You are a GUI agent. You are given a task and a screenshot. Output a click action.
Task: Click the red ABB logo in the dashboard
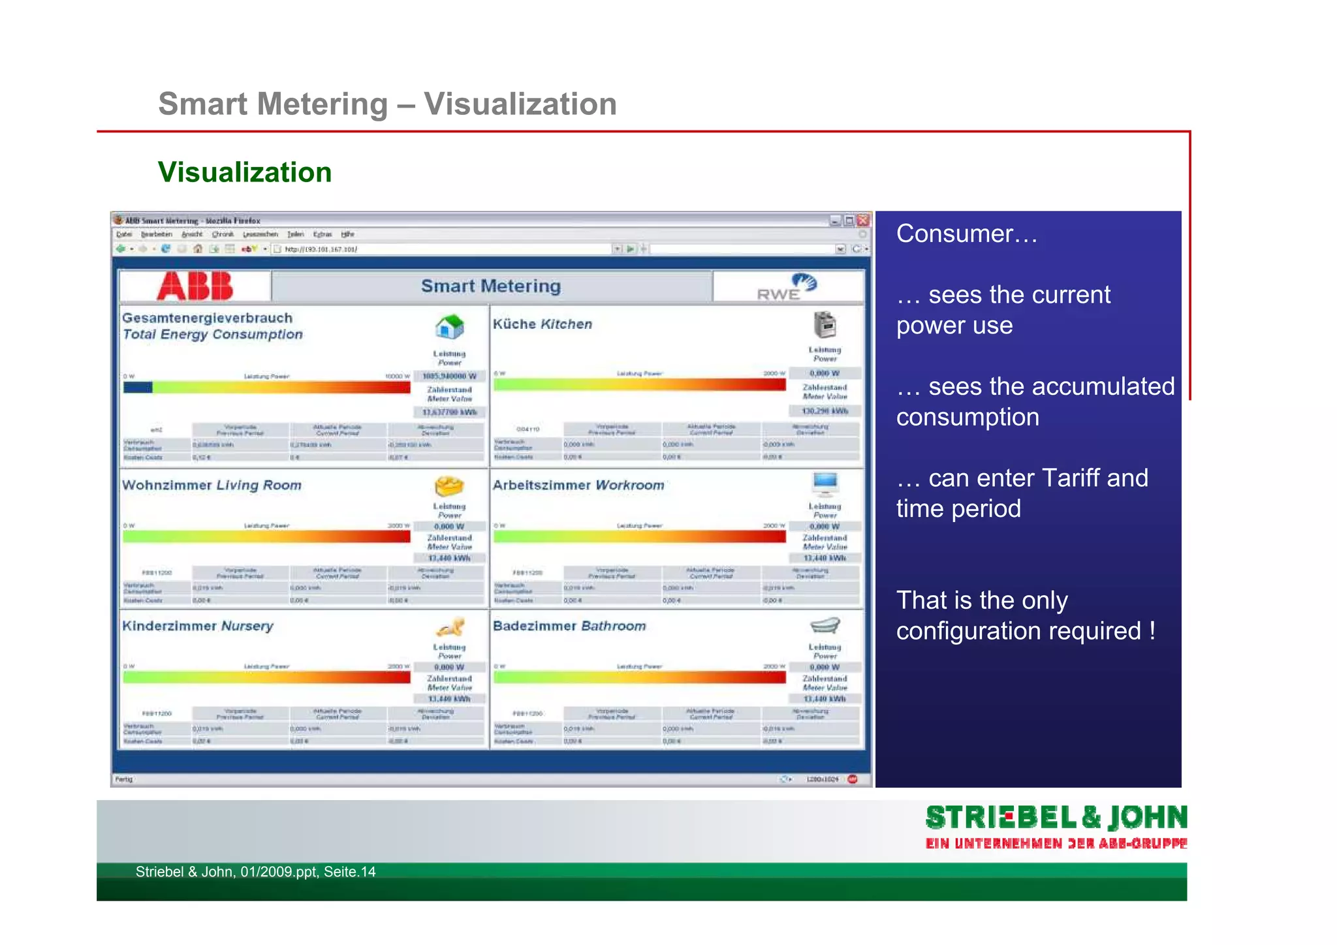[195, 286]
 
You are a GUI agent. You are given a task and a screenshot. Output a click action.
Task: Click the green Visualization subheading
[245, 172]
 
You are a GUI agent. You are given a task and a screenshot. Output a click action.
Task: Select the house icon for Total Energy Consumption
[449, 326]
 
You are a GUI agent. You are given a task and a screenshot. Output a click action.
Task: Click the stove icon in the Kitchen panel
[825, 324]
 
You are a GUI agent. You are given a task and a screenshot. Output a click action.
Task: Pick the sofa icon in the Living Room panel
[448, 486]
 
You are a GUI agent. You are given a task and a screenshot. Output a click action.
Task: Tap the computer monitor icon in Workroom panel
[825, 484]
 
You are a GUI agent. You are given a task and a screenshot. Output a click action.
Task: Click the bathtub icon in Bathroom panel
[825, 625]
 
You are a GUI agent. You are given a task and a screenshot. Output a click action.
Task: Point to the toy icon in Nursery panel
[450, 627]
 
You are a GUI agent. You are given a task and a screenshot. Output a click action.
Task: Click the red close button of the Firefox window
[863, 221]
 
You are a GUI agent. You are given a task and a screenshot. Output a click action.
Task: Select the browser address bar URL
[321, 249]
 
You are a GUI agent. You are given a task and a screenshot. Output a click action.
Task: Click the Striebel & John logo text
[1056, 818]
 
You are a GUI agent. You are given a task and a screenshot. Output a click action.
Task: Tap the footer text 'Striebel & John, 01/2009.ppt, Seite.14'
[255, 872]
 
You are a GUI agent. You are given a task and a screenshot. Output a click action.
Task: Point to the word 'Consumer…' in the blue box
[966, 234]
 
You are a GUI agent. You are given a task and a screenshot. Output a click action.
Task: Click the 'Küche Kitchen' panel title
[542, 324]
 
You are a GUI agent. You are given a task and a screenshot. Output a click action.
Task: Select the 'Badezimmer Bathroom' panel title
[569, 626]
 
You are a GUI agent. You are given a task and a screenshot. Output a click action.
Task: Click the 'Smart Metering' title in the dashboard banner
[491, 286]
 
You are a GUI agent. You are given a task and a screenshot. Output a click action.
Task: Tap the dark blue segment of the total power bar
[137, 387]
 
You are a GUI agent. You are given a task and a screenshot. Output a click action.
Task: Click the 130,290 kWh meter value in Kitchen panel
[825, 411]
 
